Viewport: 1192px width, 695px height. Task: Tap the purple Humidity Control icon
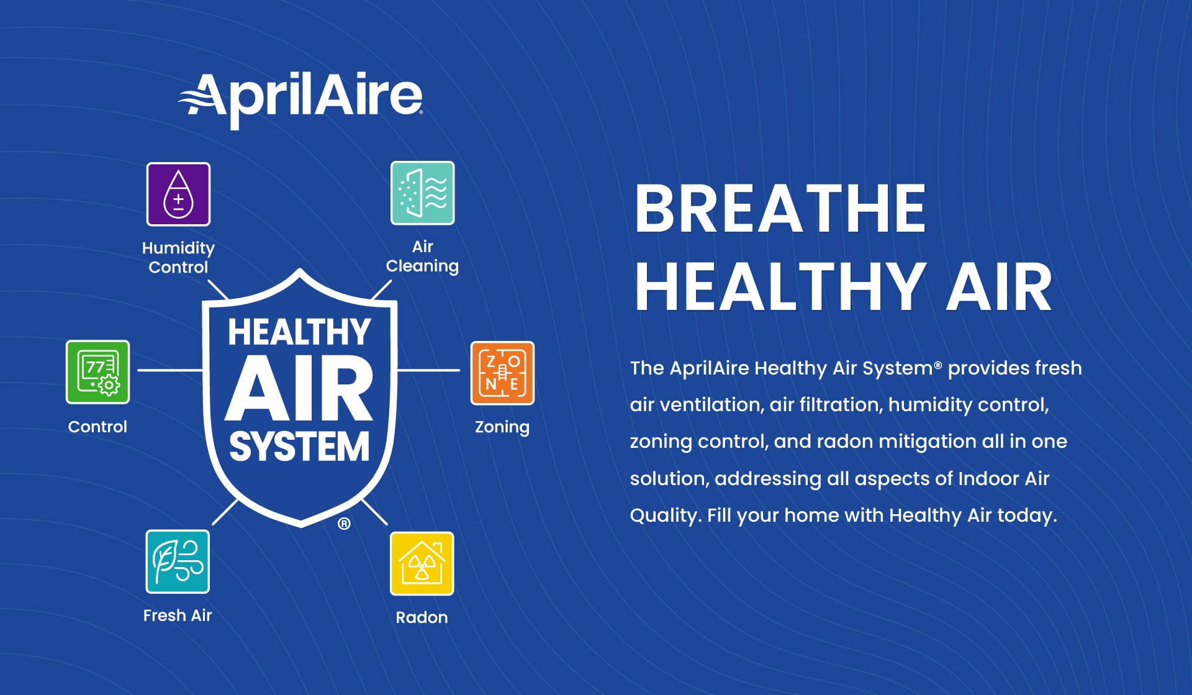click(x=178, y=194)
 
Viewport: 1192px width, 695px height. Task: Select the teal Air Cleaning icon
click(x=422, y=193)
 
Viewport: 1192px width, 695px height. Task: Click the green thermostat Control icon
click(x=97, y=372)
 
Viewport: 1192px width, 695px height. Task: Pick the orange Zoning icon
click(x=502, y=373)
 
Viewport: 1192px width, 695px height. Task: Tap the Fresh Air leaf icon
click(x=178, y=561)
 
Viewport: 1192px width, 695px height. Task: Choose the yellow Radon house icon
click(x=422, y=563)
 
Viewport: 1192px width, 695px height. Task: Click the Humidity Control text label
click(x=178, y=257)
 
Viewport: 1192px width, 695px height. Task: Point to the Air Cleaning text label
click(x=422, y=256)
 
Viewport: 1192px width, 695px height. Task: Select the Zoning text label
click(x=502, y=427)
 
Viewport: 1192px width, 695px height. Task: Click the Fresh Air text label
click(x=178, y=616)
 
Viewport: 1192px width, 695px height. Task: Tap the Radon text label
click(x=422, y=617)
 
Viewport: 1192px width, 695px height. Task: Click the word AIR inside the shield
click(x=299, y=389)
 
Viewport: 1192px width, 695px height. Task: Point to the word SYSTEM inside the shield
click(x=299, y=447)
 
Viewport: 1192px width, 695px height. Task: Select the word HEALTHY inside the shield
click(x=299, y=332)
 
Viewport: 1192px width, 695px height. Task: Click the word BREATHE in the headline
click(x=780, y=209)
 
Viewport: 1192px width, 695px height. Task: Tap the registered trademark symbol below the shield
click(x=344, y=524)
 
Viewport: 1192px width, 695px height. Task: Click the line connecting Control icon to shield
click(x=169, y=370)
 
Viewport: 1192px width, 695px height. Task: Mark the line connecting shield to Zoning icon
click(x=428, y=370)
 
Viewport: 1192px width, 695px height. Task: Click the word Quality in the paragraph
click(x=663, y=516)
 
